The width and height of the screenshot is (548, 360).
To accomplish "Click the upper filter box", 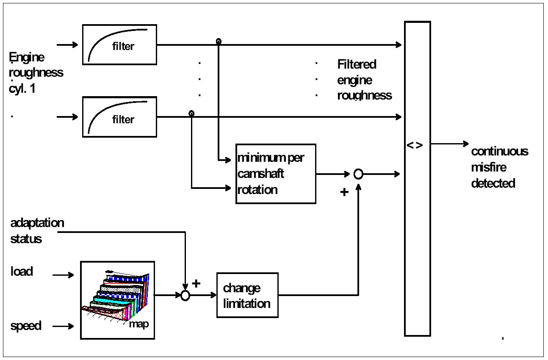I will [x=119, y=44].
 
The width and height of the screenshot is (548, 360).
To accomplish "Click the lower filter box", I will [x=119, y=117].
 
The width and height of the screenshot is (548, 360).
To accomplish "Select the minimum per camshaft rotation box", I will [x=276, y=174].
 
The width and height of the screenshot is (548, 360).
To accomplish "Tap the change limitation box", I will [x=247, y=295].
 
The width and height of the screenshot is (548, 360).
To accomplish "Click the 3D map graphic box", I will [x=117, y=300].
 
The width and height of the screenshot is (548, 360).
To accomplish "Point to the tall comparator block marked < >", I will [x=418, y=178].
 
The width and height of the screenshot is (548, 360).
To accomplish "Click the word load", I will [x=22, y=271].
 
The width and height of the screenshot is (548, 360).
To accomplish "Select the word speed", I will [x=26, y=326].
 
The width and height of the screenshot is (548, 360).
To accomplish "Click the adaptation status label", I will [x=37, y=231].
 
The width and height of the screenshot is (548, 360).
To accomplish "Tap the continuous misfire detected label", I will [x=500, y=167].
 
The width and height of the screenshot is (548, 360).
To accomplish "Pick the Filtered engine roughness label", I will [x=364, y=80].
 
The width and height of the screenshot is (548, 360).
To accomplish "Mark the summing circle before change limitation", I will [x=185, y=296].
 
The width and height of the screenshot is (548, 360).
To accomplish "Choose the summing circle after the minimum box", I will [x=358, y=174].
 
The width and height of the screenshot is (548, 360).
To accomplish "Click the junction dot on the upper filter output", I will [x=219, y=42].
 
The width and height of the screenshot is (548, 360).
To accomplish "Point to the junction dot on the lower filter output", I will [x=191, y=114].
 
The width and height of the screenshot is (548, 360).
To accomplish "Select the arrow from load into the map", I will [x=64, y=275].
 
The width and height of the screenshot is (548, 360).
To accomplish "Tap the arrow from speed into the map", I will [x=64, y=326].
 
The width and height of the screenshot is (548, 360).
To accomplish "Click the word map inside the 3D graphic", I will [x=139, y=324].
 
